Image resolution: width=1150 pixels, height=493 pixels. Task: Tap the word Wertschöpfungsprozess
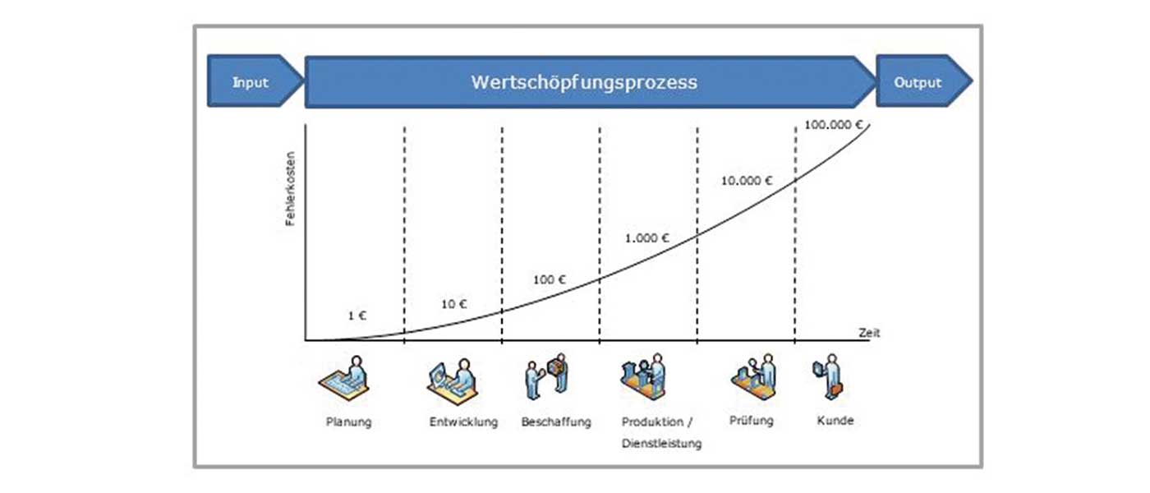click(x=584, y=82)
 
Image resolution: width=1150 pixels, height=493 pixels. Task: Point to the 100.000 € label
click(x=833, y=125)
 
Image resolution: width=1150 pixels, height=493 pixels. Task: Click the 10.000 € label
click(x=747, y=181)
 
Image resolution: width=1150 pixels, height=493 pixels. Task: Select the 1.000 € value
click(x=647, y=238)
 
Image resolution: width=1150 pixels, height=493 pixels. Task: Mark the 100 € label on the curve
click(x=549, y=280)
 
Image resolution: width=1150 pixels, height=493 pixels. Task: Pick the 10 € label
click(x=453, y=304)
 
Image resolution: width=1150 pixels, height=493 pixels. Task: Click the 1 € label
click(x=356, y=316)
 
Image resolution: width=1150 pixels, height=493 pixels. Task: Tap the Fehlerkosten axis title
click(x=291, y=188)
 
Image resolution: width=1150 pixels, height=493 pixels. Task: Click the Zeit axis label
click(x=869, y=333)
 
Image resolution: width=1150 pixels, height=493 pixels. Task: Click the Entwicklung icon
click(x=453, y=381)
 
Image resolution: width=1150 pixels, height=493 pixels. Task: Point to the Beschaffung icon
click(x=546, y=376)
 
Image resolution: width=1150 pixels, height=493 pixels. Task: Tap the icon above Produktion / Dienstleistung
click(x=643, y=376)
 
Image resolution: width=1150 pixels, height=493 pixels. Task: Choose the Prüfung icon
click(x=754, y=376)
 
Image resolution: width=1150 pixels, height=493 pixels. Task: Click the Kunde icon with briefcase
click(x=828, y=376)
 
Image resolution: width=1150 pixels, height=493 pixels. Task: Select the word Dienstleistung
click(x=662, y=443)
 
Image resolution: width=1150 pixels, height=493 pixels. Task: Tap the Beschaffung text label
click(x=556, y=422)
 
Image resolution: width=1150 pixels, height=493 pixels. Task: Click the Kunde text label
click(x=835, y=421)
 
